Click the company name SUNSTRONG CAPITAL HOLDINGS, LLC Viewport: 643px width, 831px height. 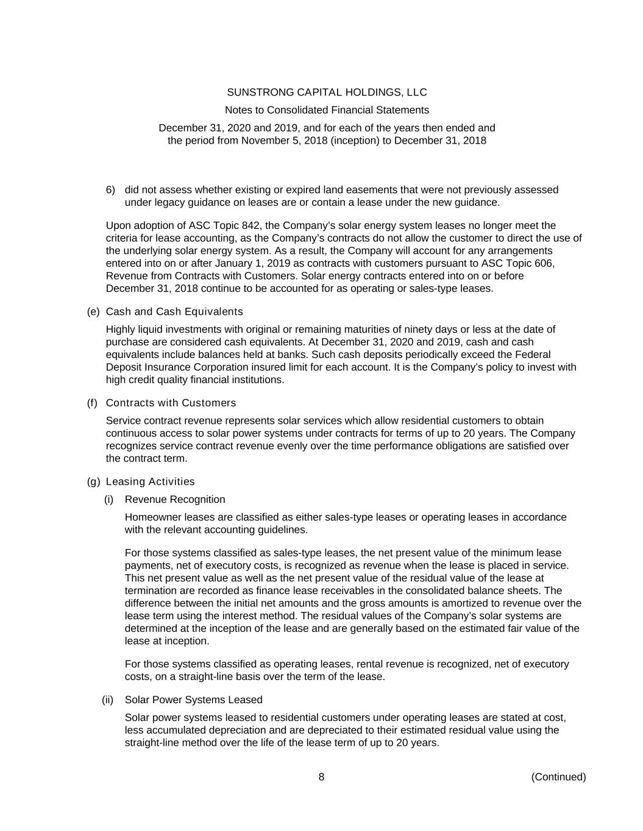point(327,93)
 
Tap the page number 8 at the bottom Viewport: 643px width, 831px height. point(321,777)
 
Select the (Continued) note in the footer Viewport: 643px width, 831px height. point(558,777)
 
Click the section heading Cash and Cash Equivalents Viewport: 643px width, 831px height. point(174,312)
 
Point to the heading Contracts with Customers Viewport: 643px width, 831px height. point(171,403)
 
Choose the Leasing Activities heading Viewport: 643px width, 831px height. point(151,482)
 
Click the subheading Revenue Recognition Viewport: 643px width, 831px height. point(175,499)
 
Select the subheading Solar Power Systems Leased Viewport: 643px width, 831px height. point(193,700)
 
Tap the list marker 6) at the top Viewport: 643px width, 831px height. point(110,190)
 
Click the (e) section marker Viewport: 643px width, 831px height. point(93,312)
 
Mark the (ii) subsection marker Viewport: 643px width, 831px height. point(108,700)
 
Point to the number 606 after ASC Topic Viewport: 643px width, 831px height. point(542,264)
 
